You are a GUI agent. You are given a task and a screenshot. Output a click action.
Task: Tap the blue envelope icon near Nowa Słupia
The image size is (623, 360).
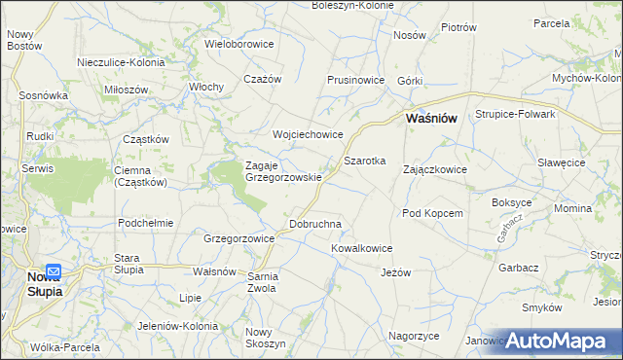(x=54, y=273)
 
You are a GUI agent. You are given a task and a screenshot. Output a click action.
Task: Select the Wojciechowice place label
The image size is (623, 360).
(x=308, y=134)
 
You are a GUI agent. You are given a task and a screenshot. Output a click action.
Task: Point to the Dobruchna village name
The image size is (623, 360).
(x=315, y=224)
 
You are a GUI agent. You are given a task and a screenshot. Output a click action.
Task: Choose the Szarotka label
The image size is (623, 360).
(x=365, y=160)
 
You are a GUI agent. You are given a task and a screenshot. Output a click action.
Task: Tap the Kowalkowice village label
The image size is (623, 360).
(x=361, y=248)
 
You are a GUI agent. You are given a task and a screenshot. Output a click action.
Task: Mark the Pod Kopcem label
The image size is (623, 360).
(x=431, y=212)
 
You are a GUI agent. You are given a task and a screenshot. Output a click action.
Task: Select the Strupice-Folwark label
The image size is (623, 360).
(x=515, y=114)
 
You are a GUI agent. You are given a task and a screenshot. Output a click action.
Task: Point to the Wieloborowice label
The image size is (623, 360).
(x=239, y=44)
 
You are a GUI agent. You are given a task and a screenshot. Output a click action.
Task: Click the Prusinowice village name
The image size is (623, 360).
(x=359, y=80)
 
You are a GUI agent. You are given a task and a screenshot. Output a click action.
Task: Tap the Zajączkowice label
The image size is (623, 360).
(x=435, y=169)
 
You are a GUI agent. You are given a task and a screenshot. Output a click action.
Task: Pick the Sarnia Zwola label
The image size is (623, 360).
(x=263, y=282)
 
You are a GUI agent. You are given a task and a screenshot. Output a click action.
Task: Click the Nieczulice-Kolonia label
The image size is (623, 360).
(x=121, y=62)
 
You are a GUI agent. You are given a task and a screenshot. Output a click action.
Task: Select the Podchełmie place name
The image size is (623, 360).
(x=145, y=222)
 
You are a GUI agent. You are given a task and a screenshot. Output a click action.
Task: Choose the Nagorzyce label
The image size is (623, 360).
(x=414, y=335)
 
